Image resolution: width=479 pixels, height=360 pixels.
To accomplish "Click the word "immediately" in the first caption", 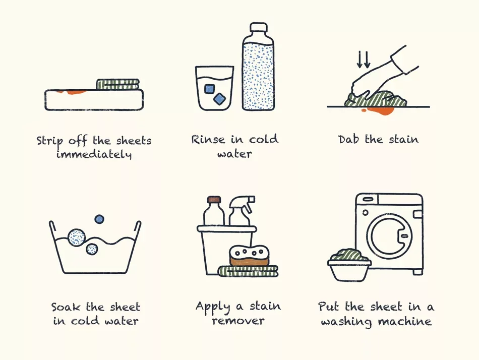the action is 94,154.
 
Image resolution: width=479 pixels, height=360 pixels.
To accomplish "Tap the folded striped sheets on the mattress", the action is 118,85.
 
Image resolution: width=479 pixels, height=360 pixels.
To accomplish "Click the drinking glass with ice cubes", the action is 214,88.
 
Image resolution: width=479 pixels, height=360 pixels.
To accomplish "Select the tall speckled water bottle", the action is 258,67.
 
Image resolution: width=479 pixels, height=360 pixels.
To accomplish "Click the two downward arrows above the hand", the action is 364,59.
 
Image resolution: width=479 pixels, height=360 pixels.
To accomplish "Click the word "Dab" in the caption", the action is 348,139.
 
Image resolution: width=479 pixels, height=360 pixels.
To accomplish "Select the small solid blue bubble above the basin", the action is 99,219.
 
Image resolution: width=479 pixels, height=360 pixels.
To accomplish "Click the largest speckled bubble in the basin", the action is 76,237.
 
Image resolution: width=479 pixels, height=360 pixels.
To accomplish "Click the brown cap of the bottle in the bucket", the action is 214,199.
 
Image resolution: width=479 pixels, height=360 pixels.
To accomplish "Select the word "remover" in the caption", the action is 238,321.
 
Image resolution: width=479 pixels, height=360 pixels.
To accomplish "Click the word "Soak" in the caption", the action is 65,307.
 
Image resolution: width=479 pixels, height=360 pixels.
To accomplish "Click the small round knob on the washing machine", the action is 365,213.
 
